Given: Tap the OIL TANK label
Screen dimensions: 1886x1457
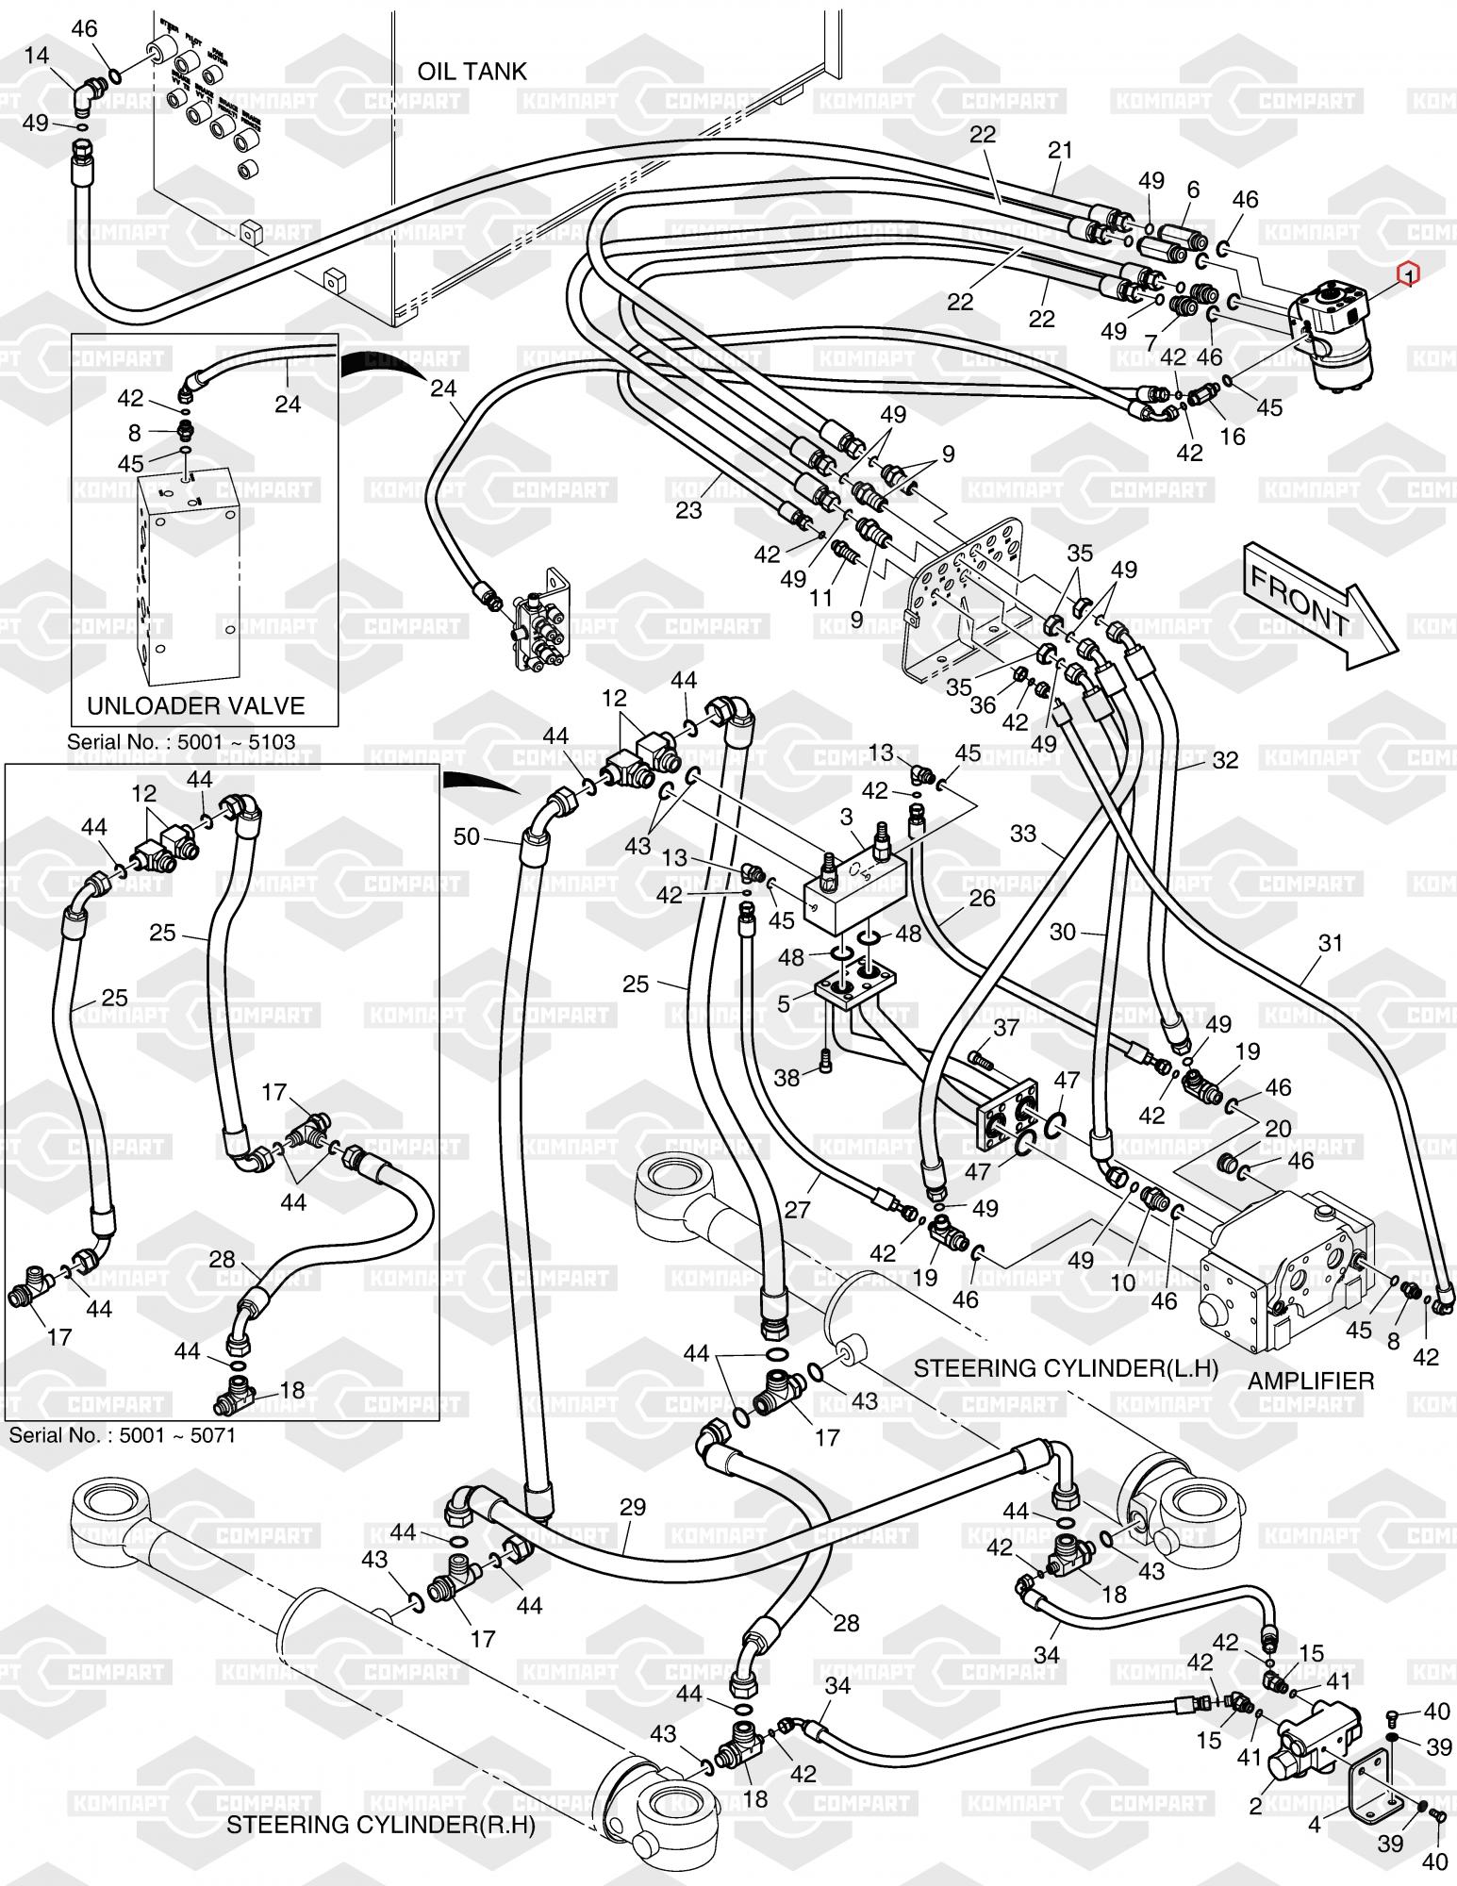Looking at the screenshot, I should pos(472,72).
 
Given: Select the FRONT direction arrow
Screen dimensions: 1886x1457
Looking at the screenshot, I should pos(1316,604).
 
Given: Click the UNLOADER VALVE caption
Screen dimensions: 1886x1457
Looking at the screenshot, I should pos(195,705).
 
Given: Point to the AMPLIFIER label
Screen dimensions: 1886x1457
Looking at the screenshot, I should pos(1311,1381).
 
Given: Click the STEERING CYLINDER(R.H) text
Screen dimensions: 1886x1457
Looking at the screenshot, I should pos(380,1825).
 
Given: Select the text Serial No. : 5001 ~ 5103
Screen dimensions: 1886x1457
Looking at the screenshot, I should pos(181,741).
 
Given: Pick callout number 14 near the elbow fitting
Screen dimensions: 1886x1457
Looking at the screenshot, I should pos(37,56).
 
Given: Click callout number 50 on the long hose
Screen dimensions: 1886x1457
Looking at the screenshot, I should pos(468,835).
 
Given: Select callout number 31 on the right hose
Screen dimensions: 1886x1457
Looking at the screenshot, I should pos(1330,943).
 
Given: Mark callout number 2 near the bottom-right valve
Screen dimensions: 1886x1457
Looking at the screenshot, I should pos(1255,1807).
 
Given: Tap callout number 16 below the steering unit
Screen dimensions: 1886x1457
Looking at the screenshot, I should pos(1233,436).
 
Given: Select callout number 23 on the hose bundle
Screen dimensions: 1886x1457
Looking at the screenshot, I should pos(688,509).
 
